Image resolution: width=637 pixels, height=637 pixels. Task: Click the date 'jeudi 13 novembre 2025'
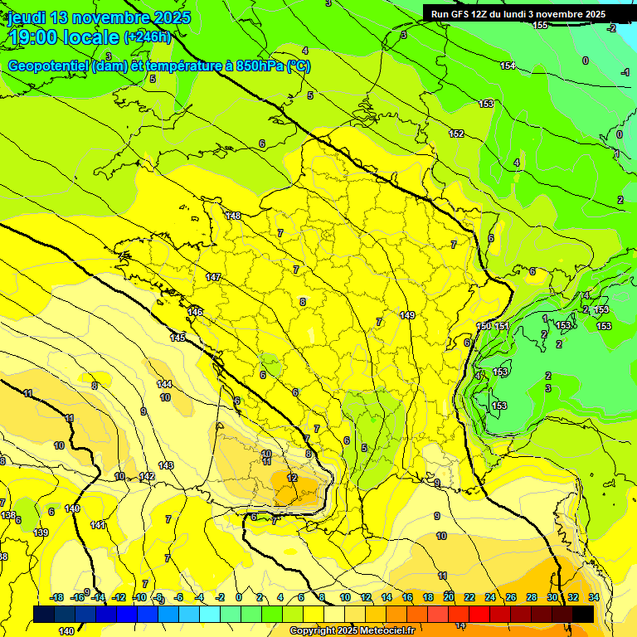click(99, 17)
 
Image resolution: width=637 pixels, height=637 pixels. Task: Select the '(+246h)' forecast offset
click(147, 36)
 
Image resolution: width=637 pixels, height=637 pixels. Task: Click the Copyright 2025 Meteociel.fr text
click(352, 631)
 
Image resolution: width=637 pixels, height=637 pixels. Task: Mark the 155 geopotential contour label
click(540, 26)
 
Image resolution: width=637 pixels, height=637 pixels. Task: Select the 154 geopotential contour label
click(508, 66)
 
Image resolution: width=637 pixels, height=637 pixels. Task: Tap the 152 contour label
click(456, 134)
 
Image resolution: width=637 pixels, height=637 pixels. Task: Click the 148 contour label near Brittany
click(233, 216)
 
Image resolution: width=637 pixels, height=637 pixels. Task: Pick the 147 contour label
click(213, 277)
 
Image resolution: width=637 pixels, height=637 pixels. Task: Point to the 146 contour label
click(195, 312)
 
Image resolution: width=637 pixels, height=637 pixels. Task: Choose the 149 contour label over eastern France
click(406, 315)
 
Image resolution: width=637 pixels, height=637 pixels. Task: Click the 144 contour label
click(165, 384)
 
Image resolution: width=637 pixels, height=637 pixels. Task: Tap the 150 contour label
click(484, 326)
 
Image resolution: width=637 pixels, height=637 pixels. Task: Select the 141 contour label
click(98, 525)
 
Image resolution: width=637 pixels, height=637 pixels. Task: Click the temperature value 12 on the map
click(292, 479)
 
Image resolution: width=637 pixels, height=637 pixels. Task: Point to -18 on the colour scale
click(57, 597)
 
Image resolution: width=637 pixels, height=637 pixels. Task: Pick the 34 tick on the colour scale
click(594, 597)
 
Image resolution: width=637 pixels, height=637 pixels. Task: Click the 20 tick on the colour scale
click(449, 597)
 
